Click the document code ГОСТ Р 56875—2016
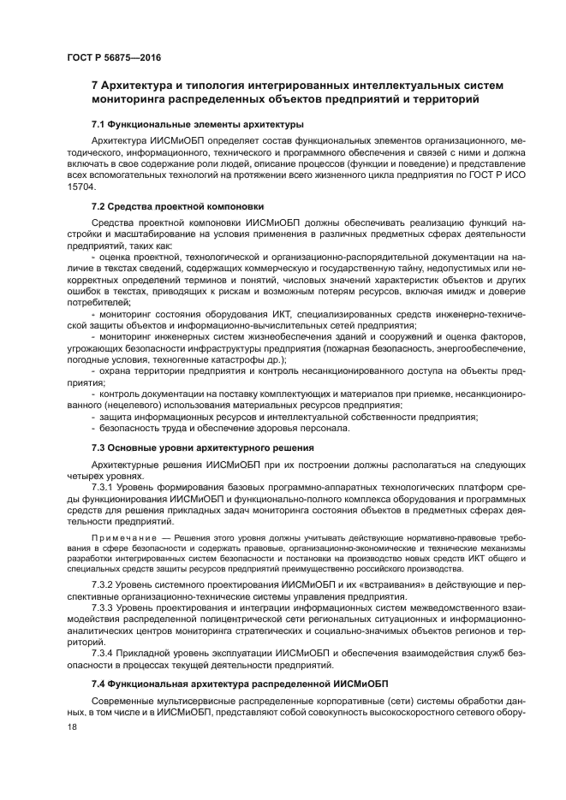[113, 58]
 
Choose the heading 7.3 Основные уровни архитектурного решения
[202, 447]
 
